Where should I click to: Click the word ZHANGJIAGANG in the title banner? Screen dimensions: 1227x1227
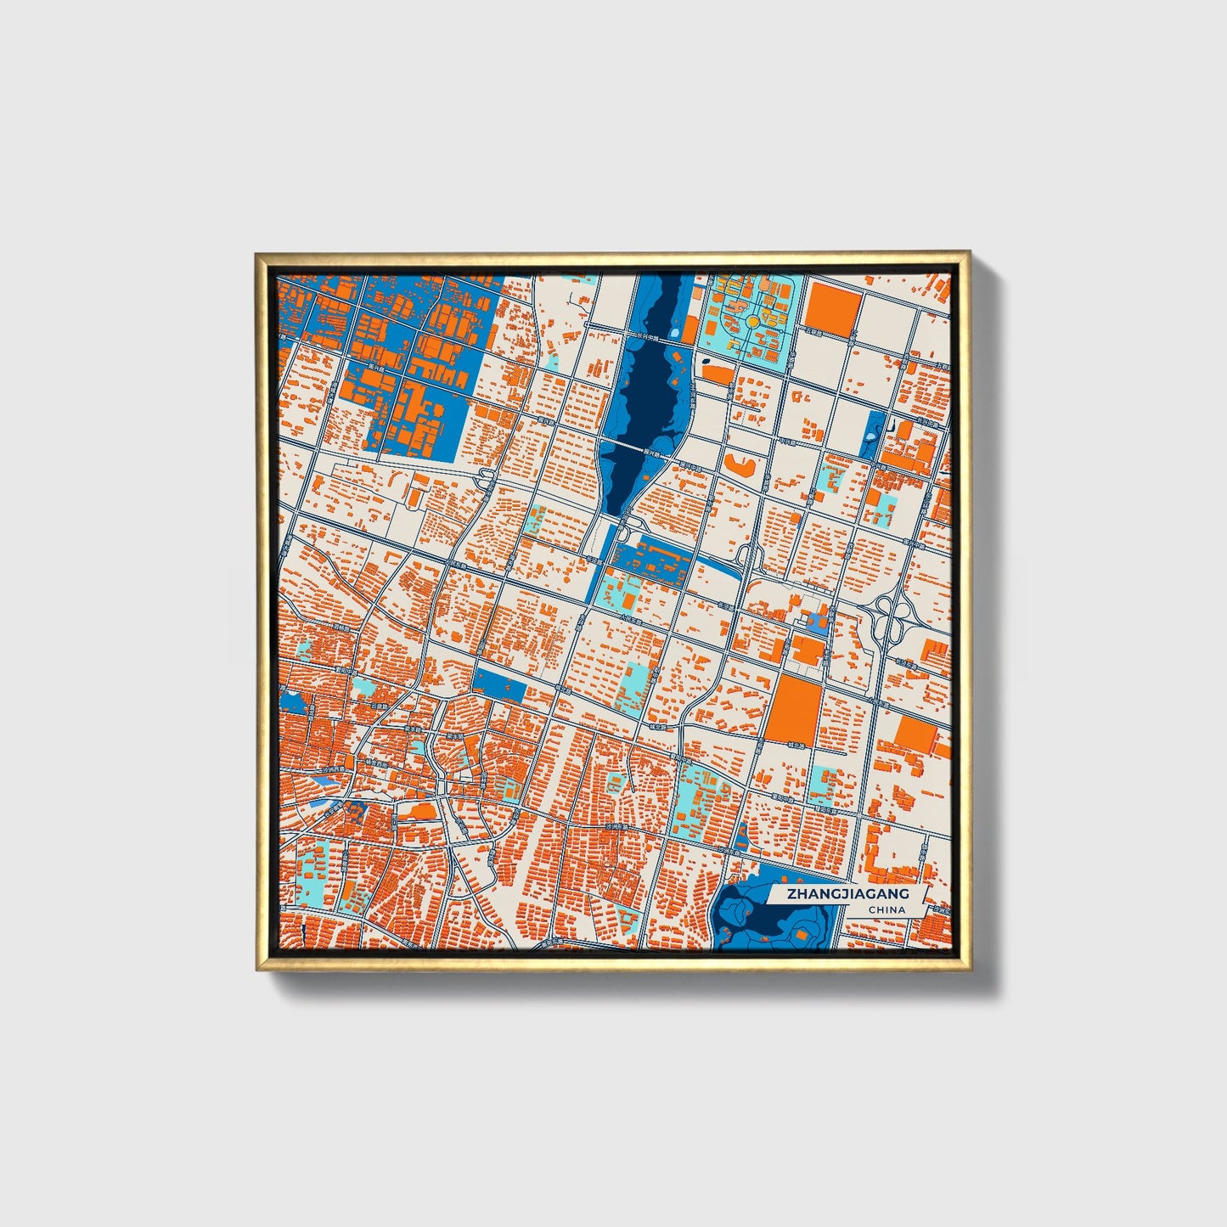(x=847, y=894)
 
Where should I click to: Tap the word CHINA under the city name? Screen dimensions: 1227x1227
(x=886, y=910)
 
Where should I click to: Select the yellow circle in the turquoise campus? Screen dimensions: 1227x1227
(x=752, y=322)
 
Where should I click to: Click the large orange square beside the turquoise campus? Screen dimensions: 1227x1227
(x=832, y=307)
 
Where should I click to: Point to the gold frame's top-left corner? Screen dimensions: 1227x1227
(x=257, y=254)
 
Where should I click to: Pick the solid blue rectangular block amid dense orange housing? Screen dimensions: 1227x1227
(x=499, y=684)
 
